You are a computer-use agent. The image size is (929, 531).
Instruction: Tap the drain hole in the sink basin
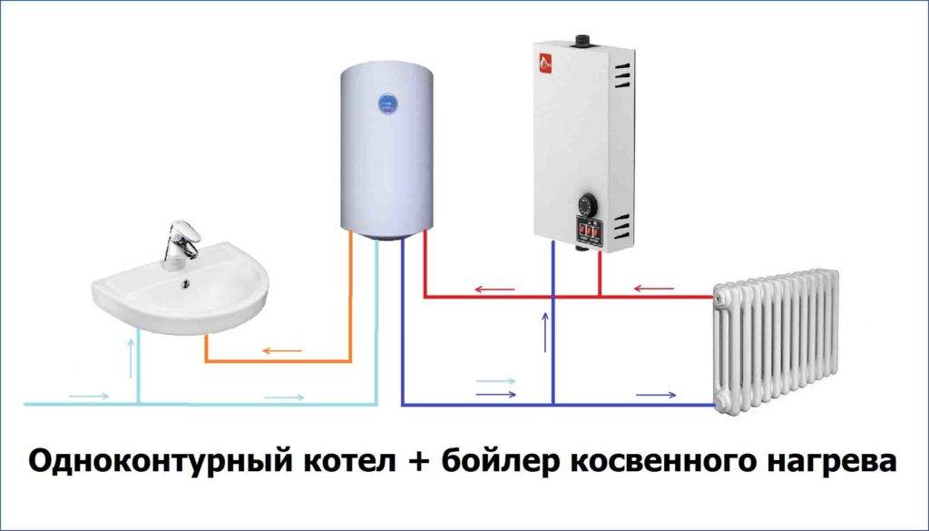[186, 288]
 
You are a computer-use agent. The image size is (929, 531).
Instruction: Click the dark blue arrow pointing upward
[544, 332]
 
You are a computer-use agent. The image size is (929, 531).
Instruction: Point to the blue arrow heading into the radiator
[656, 395]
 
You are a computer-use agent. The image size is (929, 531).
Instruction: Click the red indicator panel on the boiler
[586, 231]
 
